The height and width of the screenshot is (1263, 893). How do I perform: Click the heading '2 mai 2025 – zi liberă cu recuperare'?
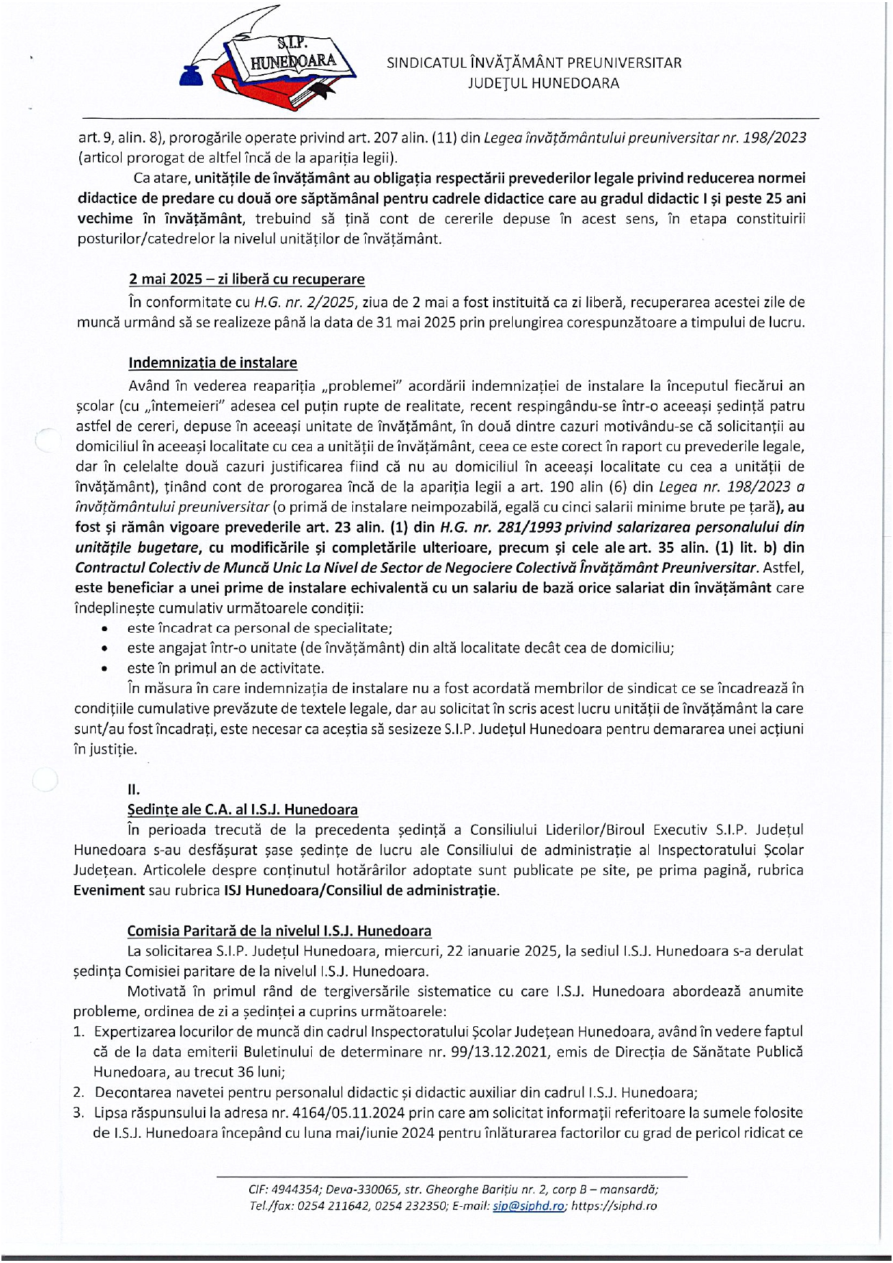click(x=246, y=279)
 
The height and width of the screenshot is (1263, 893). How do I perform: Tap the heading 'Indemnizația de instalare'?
click(x=212, y=362)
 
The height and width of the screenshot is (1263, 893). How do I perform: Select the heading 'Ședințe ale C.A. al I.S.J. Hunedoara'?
click(x=242, y=810)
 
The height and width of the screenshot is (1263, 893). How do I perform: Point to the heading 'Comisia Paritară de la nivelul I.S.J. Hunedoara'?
click(x=279, y=931)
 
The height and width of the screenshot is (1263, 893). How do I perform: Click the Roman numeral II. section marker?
click(x=133, y=789)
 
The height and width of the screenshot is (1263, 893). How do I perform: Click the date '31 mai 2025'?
click(x=413, y=322)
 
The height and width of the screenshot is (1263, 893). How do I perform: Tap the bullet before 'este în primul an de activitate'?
click(x=106, y=669)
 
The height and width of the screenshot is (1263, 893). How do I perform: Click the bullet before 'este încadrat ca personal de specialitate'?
click(x=106, y=628)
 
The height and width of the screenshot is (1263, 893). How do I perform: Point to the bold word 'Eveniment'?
click(x=109, y=890)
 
